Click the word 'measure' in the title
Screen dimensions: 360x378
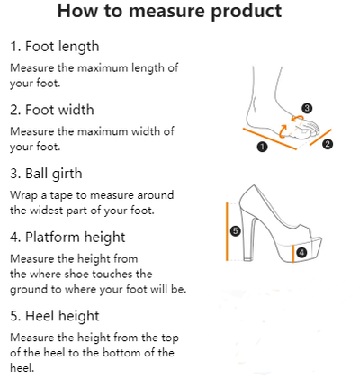click(x=167, y=11)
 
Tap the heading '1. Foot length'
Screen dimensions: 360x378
click(x=54, y=47)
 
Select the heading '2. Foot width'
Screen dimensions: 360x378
click(x=52, y=110)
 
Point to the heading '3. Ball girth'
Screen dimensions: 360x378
click(x=46, y=174)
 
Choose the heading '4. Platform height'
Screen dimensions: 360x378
click(x=67, y=238)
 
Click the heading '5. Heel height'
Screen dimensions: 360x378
click(x=55, y=317)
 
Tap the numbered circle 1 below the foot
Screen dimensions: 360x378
click(x=262, y=147)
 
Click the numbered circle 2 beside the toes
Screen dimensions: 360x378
click(x=328, y=144)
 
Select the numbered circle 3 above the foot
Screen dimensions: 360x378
click(x=307, y=108)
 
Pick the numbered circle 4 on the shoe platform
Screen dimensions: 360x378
click(x=301, y=253)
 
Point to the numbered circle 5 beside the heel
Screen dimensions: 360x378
click(x=236, y=231)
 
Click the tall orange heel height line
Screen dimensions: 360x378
click(x=228, y=231)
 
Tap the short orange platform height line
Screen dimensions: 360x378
click(x=293, y=254)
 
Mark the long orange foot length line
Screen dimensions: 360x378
click(x=270, y=139)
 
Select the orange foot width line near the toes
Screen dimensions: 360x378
click(x=320, y=138)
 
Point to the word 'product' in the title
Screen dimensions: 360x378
click(x=247, y=12)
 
